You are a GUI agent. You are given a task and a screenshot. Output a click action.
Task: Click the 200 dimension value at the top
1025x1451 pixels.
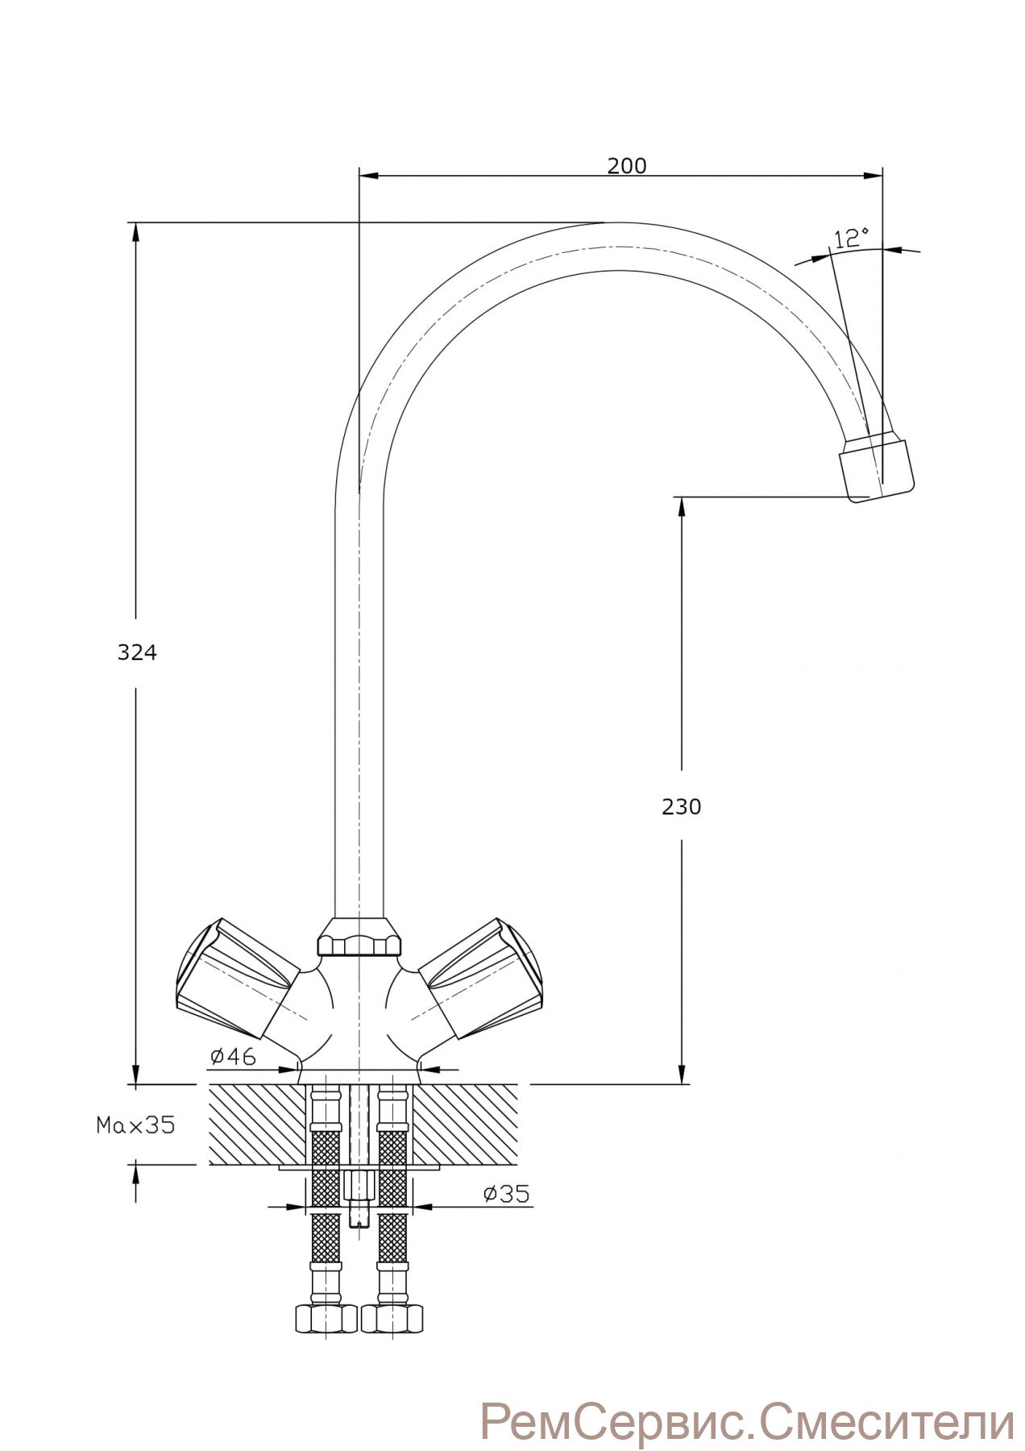point(627,166)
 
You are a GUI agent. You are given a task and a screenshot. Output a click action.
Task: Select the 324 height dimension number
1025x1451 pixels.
point(137,653)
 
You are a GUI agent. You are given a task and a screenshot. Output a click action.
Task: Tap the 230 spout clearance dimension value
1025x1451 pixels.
point(682,806)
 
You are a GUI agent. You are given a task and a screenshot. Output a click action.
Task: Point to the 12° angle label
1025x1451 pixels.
point(851,238)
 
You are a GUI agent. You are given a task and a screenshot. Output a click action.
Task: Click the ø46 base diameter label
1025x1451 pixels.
point(233,1056)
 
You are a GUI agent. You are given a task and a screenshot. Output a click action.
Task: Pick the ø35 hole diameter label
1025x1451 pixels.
point(507,1194)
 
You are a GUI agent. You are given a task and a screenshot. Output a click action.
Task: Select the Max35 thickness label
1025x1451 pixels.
point(135,1125)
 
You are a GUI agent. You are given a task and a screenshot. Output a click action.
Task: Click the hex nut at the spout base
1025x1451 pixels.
point(359,938)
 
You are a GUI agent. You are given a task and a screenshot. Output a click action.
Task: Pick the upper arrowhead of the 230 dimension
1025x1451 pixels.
point(682,506)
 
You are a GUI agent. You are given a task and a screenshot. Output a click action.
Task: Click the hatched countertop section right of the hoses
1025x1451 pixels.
point(467,1125)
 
